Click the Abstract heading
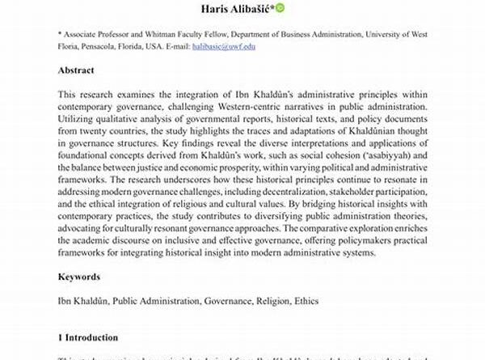[77, 70]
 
